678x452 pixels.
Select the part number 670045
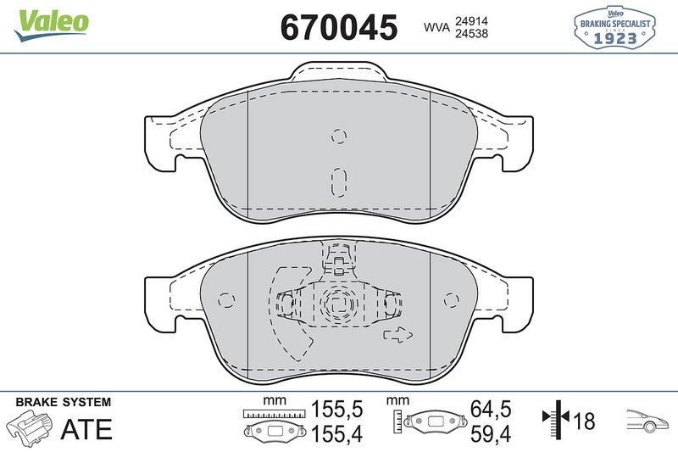[x=338, y=27]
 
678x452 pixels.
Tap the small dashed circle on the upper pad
[x=338, y=136]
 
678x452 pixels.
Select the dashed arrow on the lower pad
[x=396, y=334]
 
